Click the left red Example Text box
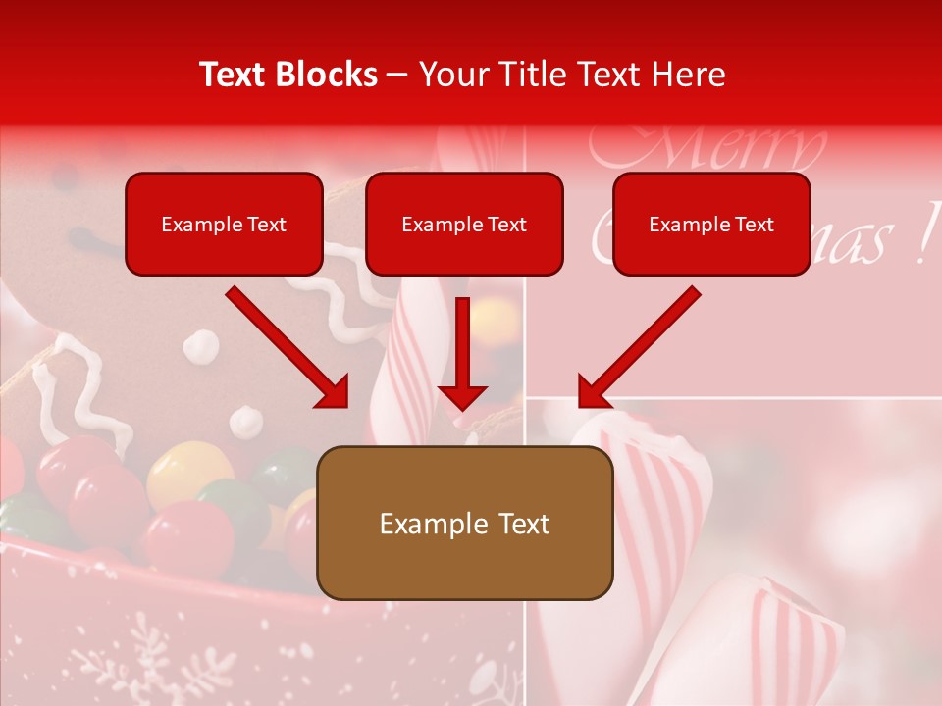pos(224,224)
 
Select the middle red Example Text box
pos(464,224)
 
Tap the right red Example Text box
pos(711,224)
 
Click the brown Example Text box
pos(464,523)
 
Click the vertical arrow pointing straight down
pos(462,353)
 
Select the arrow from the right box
pos(639,349)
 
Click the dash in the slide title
pos(397,76)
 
